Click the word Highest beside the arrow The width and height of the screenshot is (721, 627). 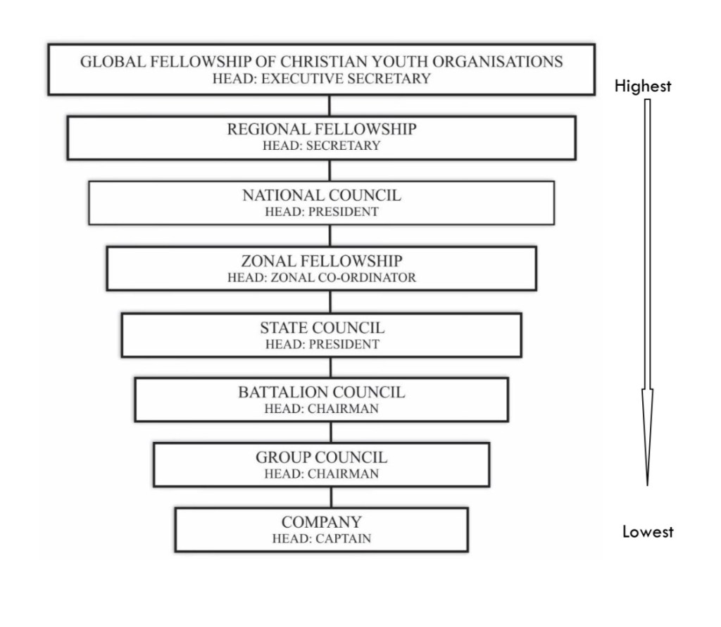pyautogui.click(x=642, y=87)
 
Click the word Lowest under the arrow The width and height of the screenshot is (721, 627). pyautogui.click(x=647, y=532)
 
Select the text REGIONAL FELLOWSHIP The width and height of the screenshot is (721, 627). pyautogui.click(x=321, y=129)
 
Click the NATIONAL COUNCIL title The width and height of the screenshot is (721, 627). pyautogui.click(x=321, y=196)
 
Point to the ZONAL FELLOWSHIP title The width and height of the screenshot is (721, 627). pyautogui.click(x=321, y=261)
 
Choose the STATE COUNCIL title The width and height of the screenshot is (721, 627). pyautogui.click(x=322, y=328)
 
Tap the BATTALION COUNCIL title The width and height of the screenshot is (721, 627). pyautogui.click(x=321, y=393)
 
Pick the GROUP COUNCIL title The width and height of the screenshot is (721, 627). pyautogui.click(x=321, y=458)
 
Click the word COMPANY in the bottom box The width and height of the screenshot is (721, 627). pyautogui.click(x=321, y=523)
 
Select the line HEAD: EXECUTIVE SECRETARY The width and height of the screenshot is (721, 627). pyautogui.click(x=321, y=79)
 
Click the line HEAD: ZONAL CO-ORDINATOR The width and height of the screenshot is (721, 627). pyautogui.click(x=321, y=278)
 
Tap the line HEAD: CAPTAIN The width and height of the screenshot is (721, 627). pyautogui.click(x=321, y=539)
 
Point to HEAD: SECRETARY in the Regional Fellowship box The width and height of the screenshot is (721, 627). pyautogui.click(x=321, y=146)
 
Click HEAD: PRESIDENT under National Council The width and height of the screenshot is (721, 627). pyautogui.click(x=321, y=212)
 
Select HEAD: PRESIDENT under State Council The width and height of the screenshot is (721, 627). pyautogui.click(x=322, y=345)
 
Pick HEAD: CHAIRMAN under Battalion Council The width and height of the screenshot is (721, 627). pyautogui.click(x=321, y=409)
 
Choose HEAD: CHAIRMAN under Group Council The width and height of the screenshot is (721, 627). pyautogui.click(x=321, y=474)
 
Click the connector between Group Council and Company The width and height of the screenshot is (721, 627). pyautogui.click(x=330, y=497)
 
